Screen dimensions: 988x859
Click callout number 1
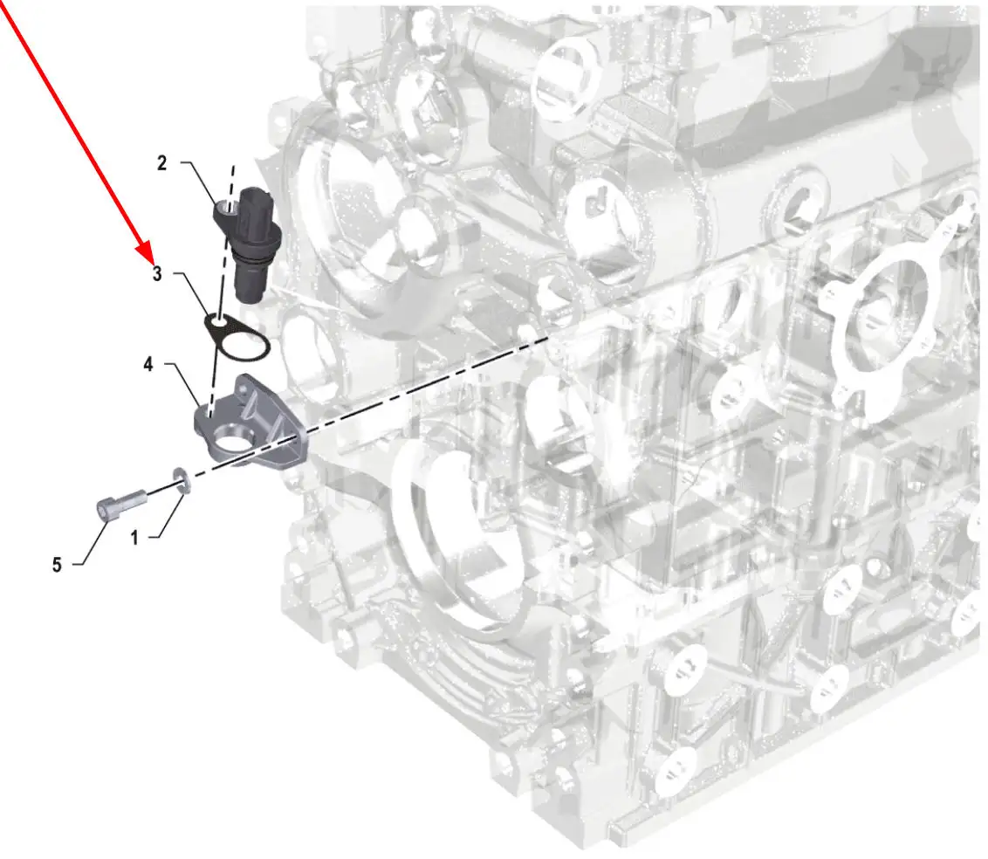click(x=134, y=538)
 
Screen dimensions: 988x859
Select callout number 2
click(x=162, y=163)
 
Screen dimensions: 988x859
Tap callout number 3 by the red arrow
click(x=157, y=273)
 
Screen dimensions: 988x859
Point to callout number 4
click(x=148, y=364)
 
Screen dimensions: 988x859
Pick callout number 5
click(x=57, y=565)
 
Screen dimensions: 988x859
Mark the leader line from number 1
click(x=170, y=517)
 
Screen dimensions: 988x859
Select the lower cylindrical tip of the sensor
click(x=250, y=282)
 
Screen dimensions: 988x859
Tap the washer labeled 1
click(x=181, y=480)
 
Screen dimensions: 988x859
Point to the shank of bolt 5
click(x=133, y=499)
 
